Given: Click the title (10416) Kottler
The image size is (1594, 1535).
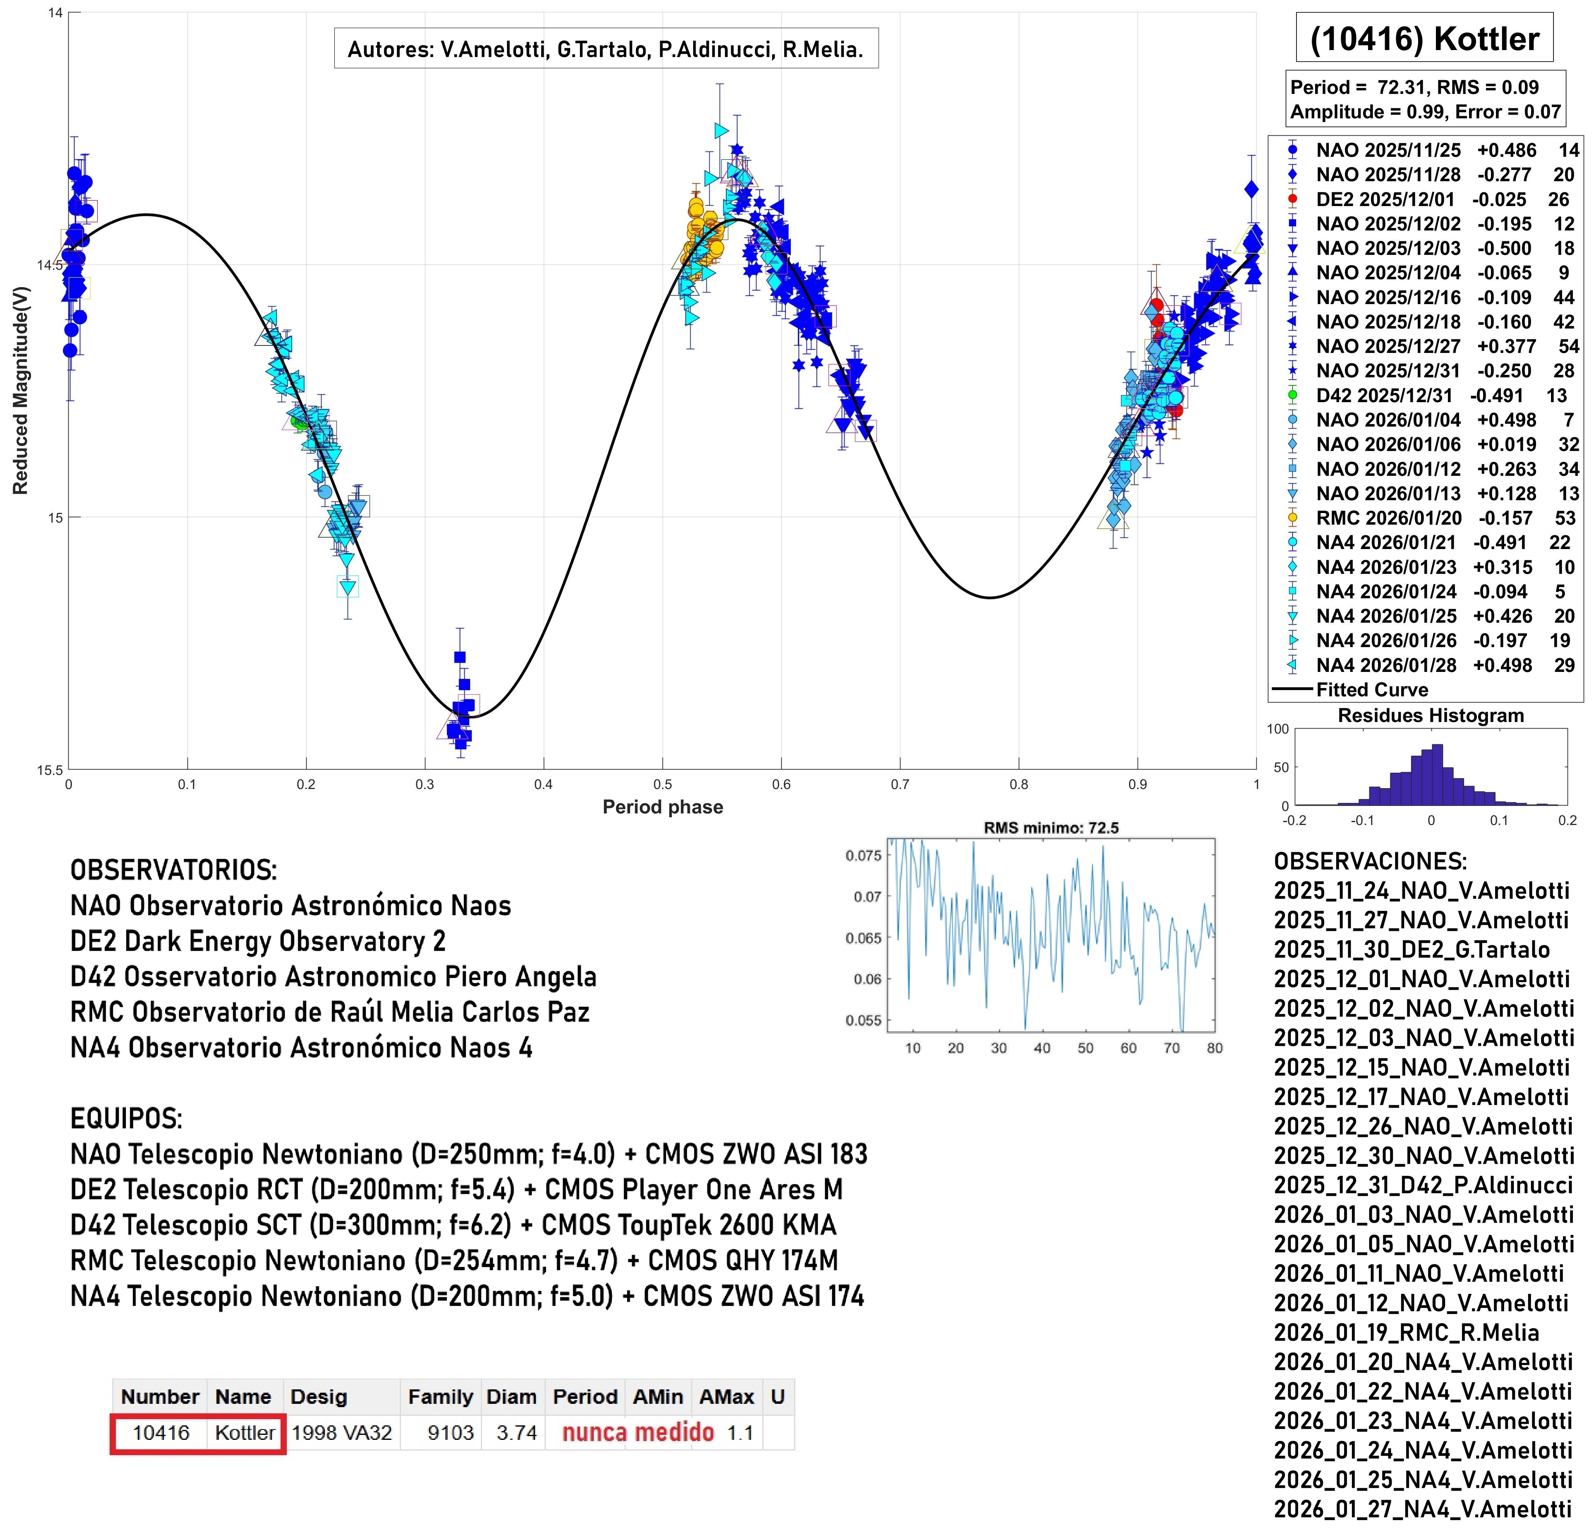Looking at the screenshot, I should (x=1424, y=38).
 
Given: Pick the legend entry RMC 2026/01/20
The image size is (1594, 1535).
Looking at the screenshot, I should (x=1388, y=518).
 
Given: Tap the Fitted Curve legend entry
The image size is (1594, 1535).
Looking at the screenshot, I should (x=1372, y=689).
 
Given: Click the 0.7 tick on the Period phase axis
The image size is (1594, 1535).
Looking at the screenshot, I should (x=900, y=784).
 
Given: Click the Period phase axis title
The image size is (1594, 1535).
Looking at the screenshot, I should (x=662, y=806).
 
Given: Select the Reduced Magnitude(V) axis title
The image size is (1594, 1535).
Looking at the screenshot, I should (x=20, y=390).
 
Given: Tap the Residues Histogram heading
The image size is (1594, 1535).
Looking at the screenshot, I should (x=1431, y=715).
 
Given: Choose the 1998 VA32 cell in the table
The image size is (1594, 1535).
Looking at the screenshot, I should (x=341, y=1432).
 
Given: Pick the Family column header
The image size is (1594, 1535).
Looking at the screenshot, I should (x=440, y=1397).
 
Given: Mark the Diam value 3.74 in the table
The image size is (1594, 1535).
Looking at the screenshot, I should (x=516, y=1432).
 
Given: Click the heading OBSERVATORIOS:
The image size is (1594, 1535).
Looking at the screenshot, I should (x=173, y=870).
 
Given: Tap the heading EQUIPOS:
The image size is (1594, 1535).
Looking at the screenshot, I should (x=126, y=1119).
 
